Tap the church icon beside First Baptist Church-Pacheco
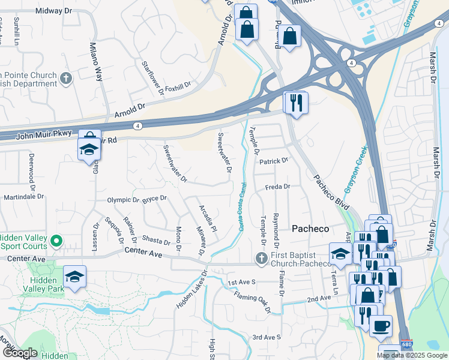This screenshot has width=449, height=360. pyautogui.click(x=261, y=258)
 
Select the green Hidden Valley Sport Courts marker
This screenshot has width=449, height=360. pyautogui.click(x=56, y=241)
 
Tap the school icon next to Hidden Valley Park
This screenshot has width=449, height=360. pyautogui.click(x=75, y=277)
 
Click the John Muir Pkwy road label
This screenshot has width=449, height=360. pyautogui.click(x=36, y=134)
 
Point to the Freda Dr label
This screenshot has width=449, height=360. pyautogui.click(x=278, y=187)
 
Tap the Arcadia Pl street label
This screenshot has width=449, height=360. pyautogui.click(x=207, y=219)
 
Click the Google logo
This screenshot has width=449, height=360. pyautogui.click(x=19, y=353)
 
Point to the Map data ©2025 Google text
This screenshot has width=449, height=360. pyautogui.click(x=412, y=355)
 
